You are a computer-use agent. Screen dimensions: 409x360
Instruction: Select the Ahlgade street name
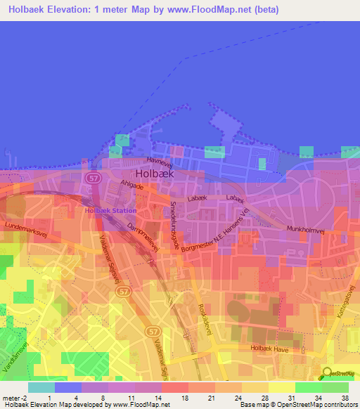(x=131, y=186)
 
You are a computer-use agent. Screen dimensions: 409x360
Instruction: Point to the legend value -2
(x=25, y=397)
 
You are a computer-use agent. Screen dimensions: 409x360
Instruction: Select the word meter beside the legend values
(x=11, y=397)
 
